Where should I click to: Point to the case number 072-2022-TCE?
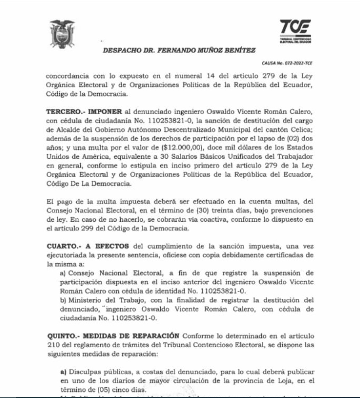pyautogui.click(x=287, y=63)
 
